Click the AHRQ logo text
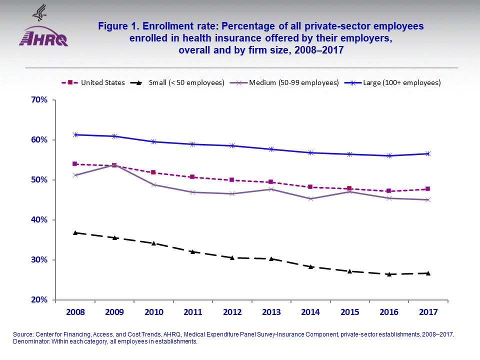pyautogui.click(x=43, y=39)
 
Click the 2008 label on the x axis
pyautogui.click(x=75, y=312)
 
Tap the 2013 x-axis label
pyautogui.click(x=271, y=312)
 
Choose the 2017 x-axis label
pyautogui.click(x=428, y=312)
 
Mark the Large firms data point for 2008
pyautogui.click(x=75, y=134)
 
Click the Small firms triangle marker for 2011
pyautogui.click(x=193, y=251)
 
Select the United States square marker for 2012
pyautogui.click(x=232, y=180)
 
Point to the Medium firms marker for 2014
pyautogui.click(x=310, y=198)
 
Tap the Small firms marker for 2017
pyautogui.click(x=428, y=273)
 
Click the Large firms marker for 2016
pyautogui.click(x=388, y=155)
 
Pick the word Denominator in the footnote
pyautogui.click(x=29, y=342)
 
